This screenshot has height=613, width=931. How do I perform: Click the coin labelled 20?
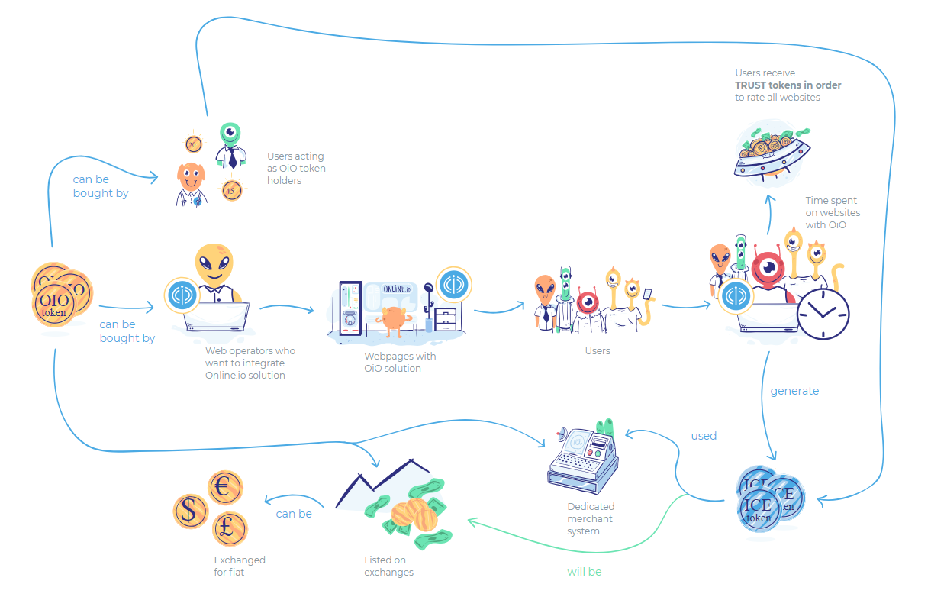[x=193, y=144]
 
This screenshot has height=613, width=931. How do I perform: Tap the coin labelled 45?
[x=231, y=191]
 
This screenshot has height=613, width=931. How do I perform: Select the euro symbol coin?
[x=225, y=487]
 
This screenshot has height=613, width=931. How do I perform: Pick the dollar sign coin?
[x=190, y=511]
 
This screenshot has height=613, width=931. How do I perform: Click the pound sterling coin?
[x=230, y=528]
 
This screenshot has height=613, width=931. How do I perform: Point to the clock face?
[x=823, y=314]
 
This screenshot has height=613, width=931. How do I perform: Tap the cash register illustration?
[x=583, y=457]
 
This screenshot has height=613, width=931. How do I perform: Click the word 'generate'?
[x=794, y=391]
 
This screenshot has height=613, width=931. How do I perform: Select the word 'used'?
[x=704, y=436]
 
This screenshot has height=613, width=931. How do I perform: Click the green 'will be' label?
[x=584, y=572]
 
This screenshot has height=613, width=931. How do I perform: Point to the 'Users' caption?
[x=598, y=350]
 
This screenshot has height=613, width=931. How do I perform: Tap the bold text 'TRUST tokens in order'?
[x=788, y=85]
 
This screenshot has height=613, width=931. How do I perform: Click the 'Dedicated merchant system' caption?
[x=591, y=518]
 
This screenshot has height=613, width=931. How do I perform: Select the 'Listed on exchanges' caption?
[x=388, y=566]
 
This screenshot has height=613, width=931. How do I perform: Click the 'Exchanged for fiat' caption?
[x=240, y=566]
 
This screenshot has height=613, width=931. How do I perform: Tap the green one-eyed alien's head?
[x=230, y=133]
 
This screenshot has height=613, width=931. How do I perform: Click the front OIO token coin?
[x=54, y=305]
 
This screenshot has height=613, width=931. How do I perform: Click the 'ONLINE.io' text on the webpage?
[x=397, y=289]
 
